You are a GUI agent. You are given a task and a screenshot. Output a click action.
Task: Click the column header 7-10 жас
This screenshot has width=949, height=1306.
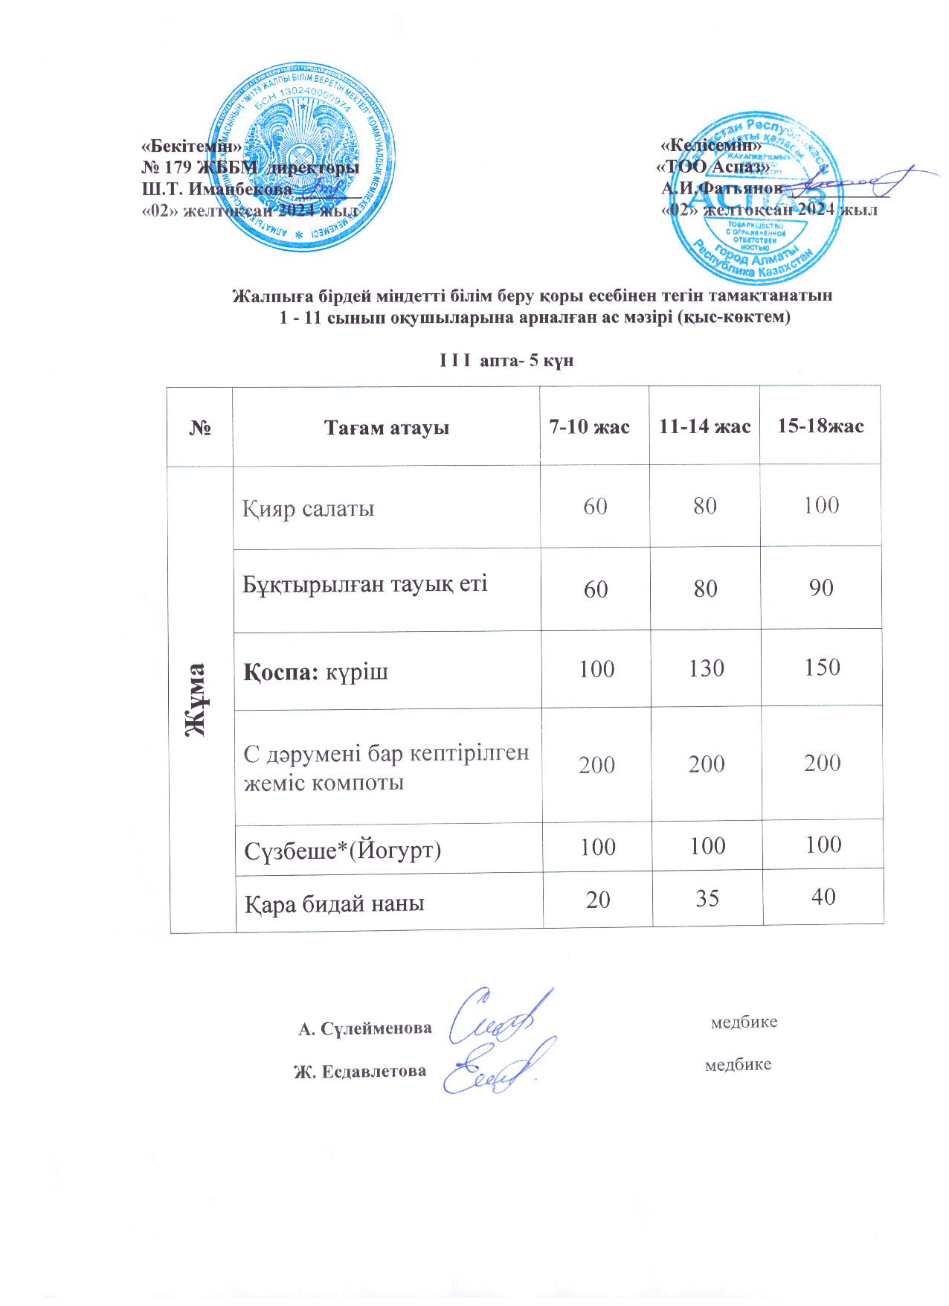point(589,427)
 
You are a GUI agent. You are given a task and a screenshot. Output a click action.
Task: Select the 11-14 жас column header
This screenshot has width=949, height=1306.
point(704,427)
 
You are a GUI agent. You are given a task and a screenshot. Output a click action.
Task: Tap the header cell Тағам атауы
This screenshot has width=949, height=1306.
point(386,428)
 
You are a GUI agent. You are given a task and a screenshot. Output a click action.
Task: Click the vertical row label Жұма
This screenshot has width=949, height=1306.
point(196,699)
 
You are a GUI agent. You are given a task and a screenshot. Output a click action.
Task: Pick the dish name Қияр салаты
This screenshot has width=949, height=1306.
point(308,509)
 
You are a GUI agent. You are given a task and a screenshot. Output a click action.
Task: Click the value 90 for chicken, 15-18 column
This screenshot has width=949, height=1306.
point(821,588)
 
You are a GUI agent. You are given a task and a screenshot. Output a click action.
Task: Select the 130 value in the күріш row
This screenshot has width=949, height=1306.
point(706,668)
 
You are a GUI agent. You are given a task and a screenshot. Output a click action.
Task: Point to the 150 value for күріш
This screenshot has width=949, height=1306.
point(822,668)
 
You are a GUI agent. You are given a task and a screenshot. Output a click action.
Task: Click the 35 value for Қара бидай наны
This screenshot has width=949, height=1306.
point(707,899)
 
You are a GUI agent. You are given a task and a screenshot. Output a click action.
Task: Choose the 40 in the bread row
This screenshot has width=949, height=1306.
point(823,897)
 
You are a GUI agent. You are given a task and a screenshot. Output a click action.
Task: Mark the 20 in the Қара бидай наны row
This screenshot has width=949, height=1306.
point(598,900)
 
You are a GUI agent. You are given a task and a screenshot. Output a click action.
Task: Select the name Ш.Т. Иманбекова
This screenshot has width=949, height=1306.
point(217,189)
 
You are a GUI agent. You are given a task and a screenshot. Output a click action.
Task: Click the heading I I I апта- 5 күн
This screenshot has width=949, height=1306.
point(506,361)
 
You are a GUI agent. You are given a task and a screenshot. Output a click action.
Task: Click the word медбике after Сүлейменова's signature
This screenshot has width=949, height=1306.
point(744,1022)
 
